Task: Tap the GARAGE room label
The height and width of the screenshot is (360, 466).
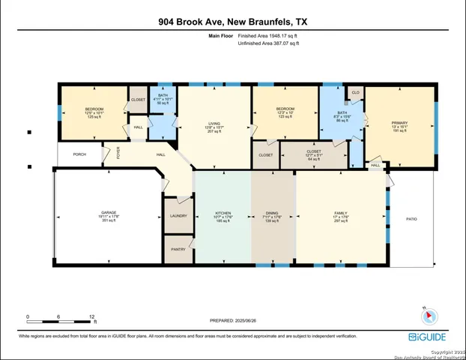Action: (x=109, y=212)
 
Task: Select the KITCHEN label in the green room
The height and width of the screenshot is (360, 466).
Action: (x=222, y=213)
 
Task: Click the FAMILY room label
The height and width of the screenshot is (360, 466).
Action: (x=341, y=213)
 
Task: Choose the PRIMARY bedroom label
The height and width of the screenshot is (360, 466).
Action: (x=399, y=122)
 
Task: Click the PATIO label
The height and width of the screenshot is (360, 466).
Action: (x=411, y=219)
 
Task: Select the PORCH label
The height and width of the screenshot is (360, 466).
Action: (x=79, y=154)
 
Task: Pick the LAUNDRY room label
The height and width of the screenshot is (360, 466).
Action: (x=178, y=216)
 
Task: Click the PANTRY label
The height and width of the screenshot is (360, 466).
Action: (x=178, y=248)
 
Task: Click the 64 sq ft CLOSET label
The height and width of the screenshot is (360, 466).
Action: (x=314, y=156)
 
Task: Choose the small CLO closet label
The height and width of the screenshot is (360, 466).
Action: (x=356, y=93)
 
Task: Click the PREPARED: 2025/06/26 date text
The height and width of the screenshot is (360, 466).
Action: (x=232, y=320)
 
